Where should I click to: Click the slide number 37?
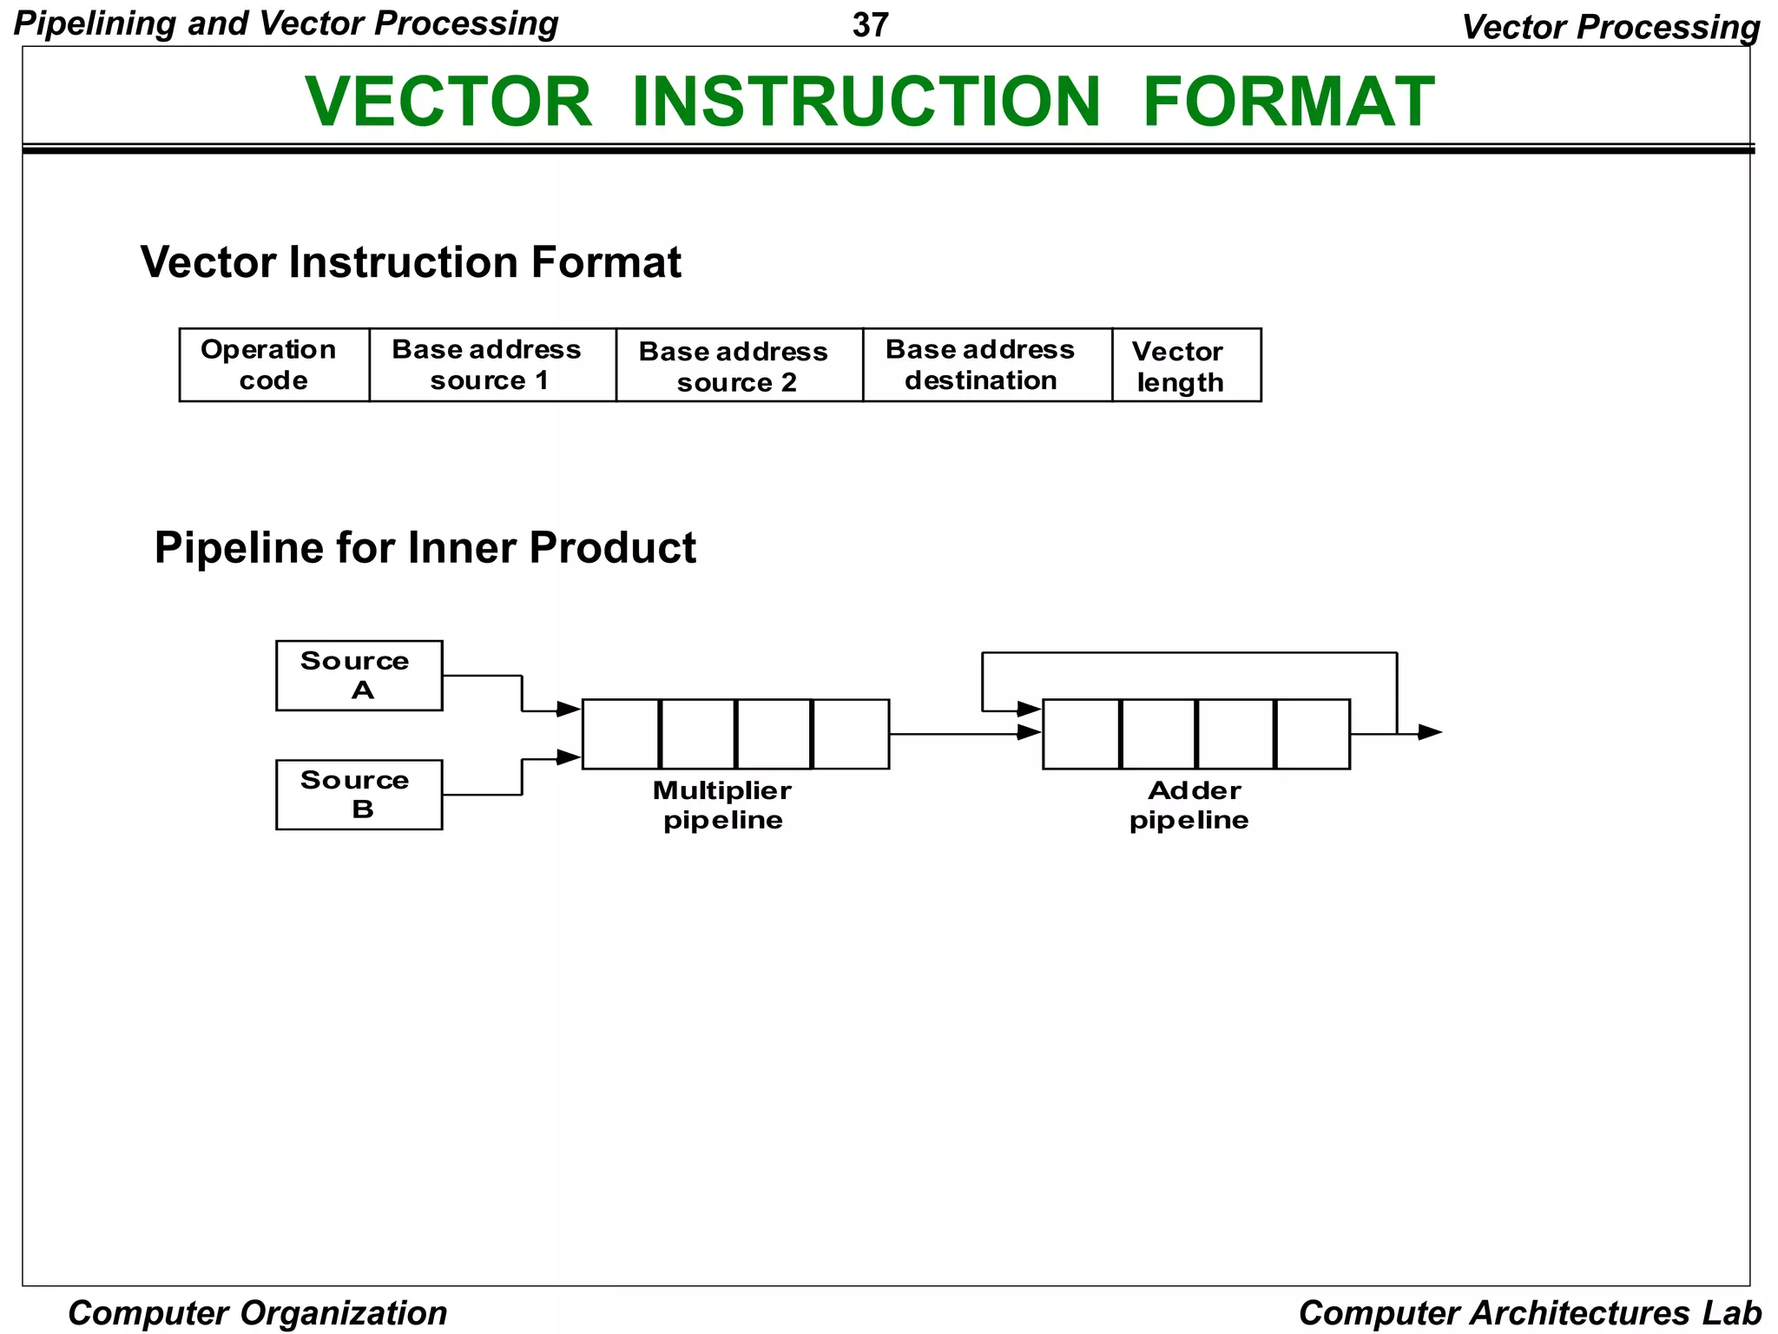click(x=870, y=25)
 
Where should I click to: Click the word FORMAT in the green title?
click(x=1288, y=102)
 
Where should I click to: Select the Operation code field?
click(x=273, y=365)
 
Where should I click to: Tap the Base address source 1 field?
click(x=491, y=365)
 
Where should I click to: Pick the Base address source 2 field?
click(x=739, y=365)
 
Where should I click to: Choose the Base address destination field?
click(x=986, y=365)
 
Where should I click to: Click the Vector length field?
click(x=1185, y=365)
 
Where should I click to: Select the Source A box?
click(x=359, y=676)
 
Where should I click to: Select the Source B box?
click(x=359, y=795)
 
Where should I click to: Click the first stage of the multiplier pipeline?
click(x=621, y=734)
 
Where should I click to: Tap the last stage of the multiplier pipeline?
click(x=851, y=734)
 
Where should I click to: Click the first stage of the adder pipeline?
click(x=1081, y=734)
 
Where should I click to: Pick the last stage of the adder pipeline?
click(x=1312, y=734)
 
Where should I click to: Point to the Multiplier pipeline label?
click(x=722, y=805)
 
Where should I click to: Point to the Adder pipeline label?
click(x=1190, y=805)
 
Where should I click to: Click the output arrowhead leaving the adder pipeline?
click(x=1429, y=733)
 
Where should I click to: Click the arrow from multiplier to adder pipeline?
click(x=964, y=734)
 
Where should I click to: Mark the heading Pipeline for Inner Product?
click(x=425, y=548)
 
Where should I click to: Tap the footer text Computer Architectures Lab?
click(x=1530, y=1312)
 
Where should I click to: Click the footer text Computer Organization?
click(x=258, y=1312)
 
